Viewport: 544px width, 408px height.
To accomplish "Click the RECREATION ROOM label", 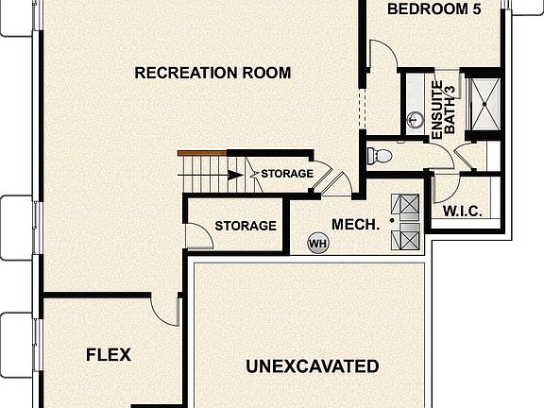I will coord(212,73).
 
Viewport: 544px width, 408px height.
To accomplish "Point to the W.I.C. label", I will coord(463,212).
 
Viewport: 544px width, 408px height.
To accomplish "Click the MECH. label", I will coord(355,225).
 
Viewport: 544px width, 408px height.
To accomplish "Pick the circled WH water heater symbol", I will coord(318,245).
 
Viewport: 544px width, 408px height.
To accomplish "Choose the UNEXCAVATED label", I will coord(313,366).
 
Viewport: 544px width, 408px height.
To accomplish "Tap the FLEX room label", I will coord(109,355).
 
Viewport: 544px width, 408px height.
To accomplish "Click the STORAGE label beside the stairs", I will coord(287,174).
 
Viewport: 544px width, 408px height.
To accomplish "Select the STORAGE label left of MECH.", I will coord(246,226).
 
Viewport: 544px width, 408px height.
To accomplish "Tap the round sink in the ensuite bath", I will coord(414,120).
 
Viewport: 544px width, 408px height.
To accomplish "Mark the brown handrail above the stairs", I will coord(202,153).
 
